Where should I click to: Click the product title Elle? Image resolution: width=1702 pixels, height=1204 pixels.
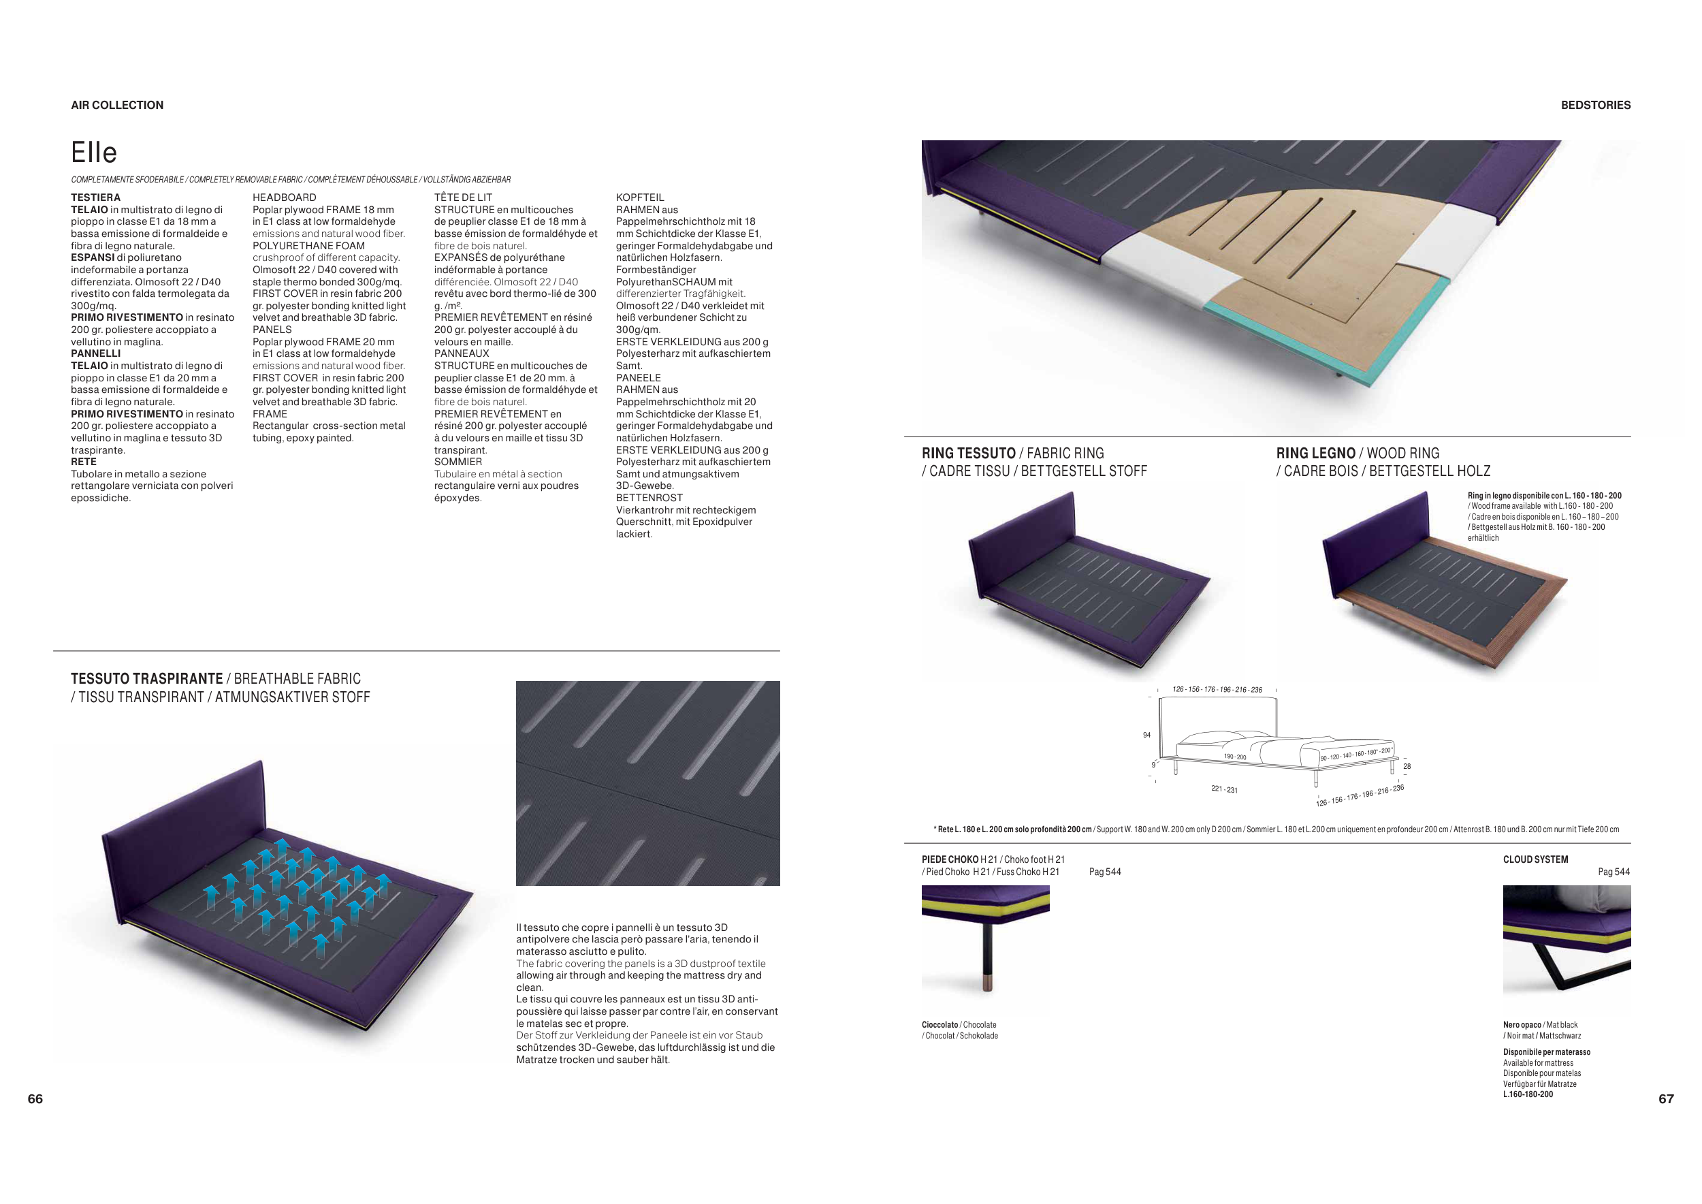[x=94, y=153]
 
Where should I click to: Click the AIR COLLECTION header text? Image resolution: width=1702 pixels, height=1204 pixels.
[x=117, y=106]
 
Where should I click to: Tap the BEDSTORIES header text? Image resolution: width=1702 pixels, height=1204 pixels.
[x=1595, y=106]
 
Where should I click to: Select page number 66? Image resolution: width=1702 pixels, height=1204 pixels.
[x=35, y=1098]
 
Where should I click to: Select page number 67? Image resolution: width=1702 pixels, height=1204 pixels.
[x=1666, y=1098]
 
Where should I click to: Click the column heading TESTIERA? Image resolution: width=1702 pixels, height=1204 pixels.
[x=95, y=197]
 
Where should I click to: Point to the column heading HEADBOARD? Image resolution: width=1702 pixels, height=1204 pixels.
[x=284, y=197]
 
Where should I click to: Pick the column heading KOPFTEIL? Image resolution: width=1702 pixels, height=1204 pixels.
[x=640, y=197]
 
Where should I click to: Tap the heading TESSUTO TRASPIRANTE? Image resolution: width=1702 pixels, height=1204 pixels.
[x=147, y=678]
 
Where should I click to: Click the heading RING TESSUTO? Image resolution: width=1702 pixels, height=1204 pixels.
[x=968, y=453]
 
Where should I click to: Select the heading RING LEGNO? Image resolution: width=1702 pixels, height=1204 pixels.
[x=1316, y=453]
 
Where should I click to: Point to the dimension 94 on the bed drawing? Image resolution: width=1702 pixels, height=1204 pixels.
[x=1146, y=735]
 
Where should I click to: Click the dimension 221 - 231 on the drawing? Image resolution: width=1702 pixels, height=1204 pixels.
[x=1224, y=789]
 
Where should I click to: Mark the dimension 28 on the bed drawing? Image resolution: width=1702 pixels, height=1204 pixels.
[x=1407, y=767]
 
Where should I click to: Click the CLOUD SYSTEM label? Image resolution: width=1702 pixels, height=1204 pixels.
[x=1535, y=859]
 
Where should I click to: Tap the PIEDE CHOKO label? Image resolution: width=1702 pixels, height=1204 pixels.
[x=950, y=859]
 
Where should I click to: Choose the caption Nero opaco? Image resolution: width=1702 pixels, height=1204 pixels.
[x=1522, y=1025]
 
